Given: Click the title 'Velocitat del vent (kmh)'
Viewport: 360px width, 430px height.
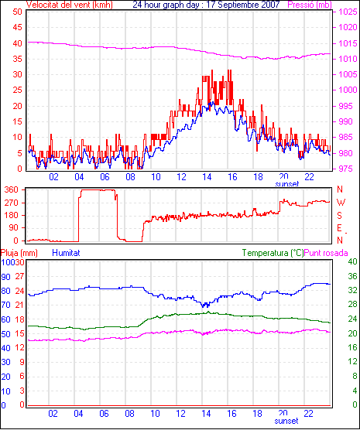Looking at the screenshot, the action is tap(69, 5).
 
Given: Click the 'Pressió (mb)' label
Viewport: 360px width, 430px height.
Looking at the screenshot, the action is tap(310, 5).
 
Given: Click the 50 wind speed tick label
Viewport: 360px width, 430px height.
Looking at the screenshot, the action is tap(17, 12).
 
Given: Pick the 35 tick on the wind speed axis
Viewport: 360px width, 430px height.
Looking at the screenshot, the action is tap(17, 59).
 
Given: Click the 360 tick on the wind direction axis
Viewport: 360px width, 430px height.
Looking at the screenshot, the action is tap(12, 189).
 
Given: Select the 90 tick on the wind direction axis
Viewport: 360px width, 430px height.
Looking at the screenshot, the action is tap(13, 228).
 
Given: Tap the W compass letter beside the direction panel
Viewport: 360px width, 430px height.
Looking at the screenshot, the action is tap(341, 203).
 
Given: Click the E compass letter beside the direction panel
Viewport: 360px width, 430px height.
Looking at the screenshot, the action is tap(339, 228).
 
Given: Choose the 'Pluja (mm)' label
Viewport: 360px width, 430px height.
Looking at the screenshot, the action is tap(19, 253).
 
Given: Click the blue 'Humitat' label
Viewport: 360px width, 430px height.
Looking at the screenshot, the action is tap(66, 253).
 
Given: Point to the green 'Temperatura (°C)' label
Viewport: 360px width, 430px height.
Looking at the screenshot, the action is tap(273, 253).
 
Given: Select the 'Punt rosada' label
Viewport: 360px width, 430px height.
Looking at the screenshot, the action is tap(326, 253).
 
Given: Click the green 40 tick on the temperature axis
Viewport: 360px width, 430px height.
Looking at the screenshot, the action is tap(352, 261).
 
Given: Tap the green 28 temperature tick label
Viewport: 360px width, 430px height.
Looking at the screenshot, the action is tap(352, 305).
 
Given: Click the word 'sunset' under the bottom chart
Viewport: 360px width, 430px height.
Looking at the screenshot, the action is tap(286, 421).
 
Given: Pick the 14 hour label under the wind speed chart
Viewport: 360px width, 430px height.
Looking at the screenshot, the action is tap(207, 177).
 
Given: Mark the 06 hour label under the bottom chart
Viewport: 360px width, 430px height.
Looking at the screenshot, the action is tap(104, 414).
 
